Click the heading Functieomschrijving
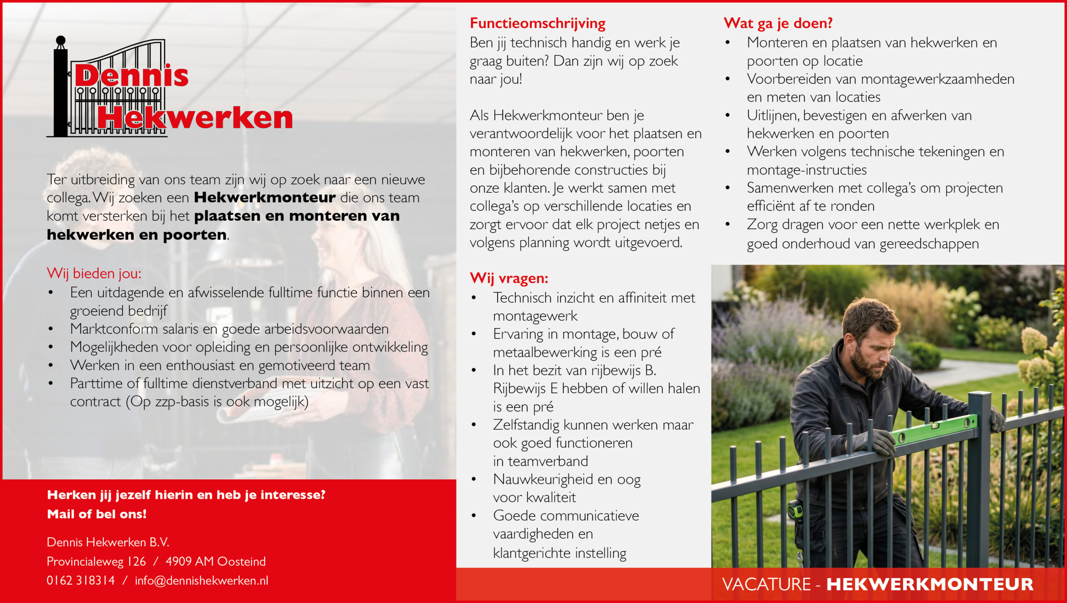point(537,23)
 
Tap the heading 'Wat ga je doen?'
point(778,23)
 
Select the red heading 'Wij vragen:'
point(508,278)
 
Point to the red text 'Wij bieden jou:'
point(94,274)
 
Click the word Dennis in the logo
point(132,76)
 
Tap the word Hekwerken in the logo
point(195,118)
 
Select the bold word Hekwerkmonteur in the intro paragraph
point(265,197)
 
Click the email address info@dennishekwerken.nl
point(201,581)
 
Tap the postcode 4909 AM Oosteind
point(215,561)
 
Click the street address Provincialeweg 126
point(96,561)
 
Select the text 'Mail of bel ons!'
point(97,514)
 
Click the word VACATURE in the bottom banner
point(766,584)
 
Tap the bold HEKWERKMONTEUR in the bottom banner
point(930,584)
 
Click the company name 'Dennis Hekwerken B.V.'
point(108,542)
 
